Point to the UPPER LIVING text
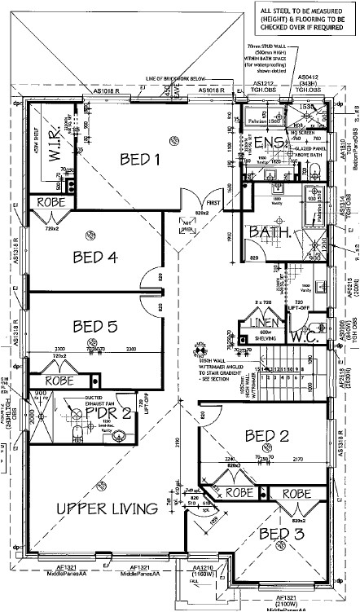tap(107, 509)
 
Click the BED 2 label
tap(267, 436)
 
